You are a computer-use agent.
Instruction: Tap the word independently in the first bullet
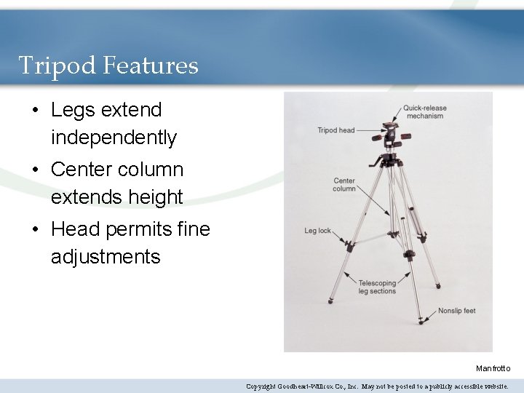pyautogui.click(x=114, y=137)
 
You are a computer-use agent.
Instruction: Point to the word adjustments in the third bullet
pyautogui.click(x=106, y=256)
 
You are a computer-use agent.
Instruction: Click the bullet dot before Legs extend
pyautogui.click(x=35, y=111)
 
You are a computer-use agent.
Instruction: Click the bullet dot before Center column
pyautogui.click(x=35, y=170)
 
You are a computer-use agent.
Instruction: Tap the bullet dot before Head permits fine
pyautogui.click(x=35, y=230)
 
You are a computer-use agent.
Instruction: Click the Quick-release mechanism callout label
pyautogui.click(x=425, y=112)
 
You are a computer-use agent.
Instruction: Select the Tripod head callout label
pyautogui.click(x=336, y=130)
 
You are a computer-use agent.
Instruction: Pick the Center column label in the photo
pyautogui.click(x=344, y=185)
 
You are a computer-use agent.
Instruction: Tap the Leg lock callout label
pyautogui.click(x=317, y=231)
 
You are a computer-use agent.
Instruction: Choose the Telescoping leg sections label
pyautogui.click(x=377, y=287)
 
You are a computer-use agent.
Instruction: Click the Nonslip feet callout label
pyautogui.click(x=456, y=311)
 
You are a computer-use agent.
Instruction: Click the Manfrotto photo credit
pyautogui.click(x=493, y=368)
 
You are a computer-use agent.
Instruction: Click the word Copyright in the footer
pyautogui.click(x=261, y=386)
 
